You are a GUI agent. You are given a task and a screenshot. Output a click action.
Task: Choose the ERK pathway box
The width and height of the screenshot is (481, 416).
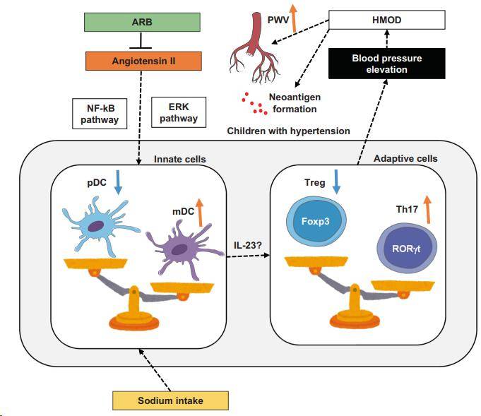[178, 112]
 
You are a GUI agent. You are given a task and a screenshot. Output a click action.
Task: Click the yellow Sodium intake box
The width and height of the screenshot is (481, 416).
[170, 400]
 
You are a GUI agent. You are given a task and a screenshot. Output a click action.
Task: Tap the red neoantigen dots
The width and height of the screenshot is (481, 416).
[252, 105]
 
